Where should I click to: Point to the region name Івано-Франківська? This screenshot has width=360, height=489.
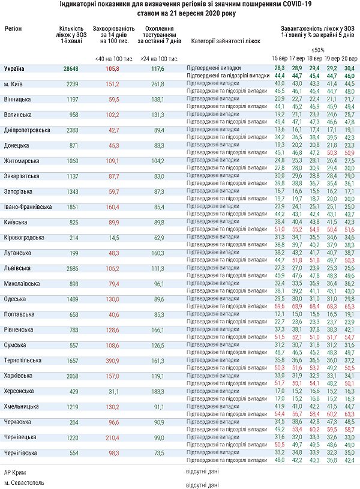click(x=28, y=207)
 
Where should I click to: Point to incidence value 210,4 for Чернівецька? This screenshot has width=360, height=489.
click(x=112, y=438)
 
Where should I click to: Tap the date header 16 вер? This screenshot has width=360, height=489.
click(x=279, y=59)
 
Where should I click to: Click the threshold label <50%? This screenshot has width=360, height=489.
click(x=317, y=50)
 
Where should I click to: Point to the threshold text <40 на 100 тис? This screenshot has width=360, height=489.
click(x=112, y=59)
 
